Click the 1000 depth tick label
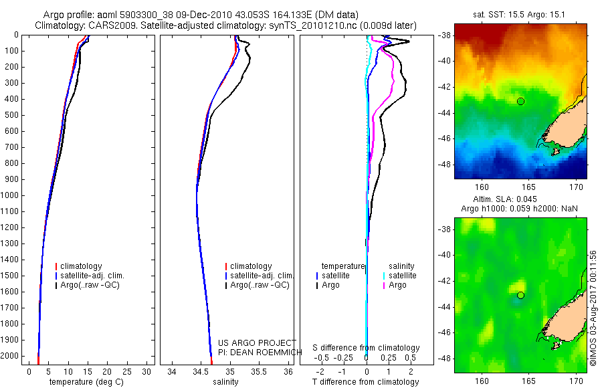11,195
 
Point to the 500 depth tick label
13,115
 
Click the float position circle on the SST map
520,101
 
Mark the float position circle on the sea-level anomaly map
520,295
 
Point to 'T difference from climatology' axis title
365,382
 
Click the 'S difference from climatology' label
367,348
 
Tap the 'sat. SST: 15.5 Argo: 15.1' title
520,14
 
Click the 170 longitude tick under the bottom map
582,382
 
